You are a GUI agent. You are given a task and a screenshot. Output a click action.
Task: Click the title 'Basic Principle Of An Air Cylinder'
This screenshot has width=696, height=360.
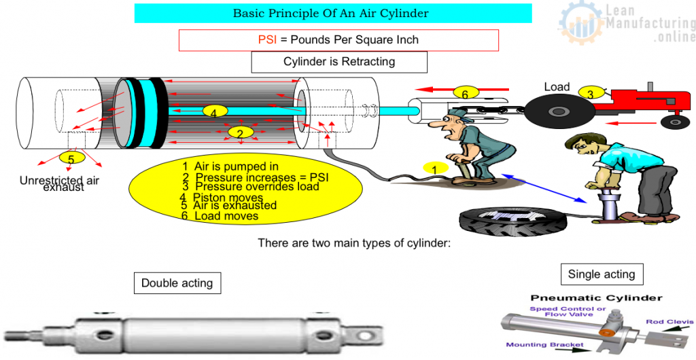[x=332, y=13]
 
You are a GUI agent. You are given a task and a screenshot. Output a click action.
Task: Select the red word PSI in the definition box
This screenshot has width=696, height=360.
[x=267, y=40]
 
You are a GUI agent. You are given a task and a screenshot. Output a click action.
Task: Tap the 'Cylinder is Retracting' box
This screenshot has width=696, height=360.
[x=338, y=62]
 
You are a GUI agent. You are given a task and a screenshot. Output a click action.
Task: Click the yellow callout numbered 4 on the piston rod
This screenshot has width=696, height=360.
[x=213, y=112]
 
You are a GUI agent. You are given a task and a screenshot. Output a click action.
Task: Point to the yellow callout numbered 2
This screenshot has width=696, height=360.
[x=240, y=132]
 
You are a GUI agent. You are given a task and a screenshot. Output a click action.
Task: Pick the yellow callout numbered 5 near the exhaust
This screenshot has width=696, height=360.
[x=71, y=158]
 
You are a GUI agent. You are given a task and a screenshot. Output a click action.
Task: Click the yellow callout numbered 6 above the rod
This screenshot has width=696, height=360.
[x=466, y=94]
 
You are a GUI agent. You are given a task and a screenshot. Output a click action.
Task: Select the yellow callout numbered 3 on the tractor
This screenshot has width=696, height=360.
[x=590, y=94]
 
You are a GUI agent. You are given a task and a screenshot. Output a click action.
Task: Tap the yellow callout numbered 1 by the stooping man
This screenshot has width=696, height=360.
[x=434, y=168]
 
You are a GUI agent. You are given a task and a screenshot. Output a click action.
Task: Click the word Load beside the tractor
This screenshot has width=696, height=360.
[x=557, y=87]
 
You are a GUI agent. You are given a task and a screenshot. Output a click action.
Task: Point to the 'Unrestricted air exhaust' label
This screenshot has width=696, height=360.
[x=60, y=183]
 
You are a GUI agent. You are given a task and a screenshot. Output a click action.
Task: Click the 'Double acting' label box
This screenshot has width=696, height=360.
[x=177, y=283]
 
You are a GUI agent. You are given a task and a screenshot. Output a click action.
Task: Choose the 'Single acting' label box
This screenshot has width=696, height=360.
[x=602, y=274]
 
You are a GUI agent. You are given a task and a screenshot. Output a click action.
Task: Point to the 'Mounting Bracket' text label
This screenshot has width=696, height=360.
[x=544, y=345]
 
